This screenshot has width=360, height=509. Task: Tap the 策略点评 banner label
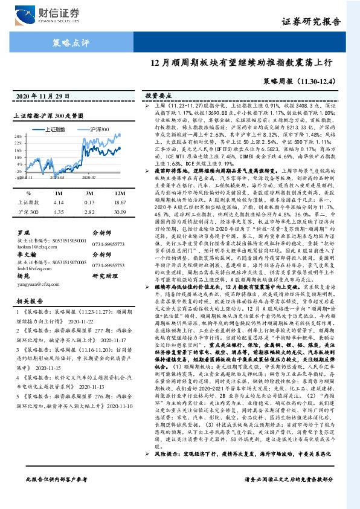click(x=68, y=42)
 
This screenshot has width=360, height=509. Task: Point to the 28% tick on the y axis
click(x=20, y=137)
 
